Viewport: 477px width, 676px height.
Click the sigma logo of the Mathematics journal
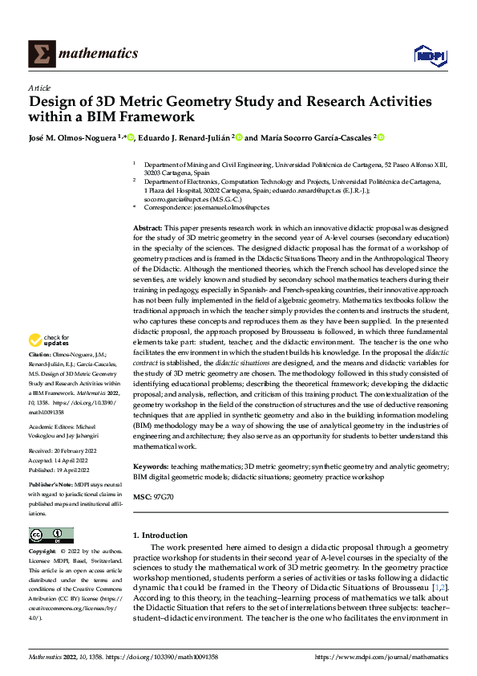click(40, 54)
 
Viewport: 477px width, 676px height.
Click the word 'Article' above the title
click(39, 88)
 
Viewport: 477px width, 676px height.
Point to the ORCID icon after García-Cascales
click(382, 137)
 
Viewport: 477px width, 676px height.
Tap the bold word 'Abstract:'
click(148, 229)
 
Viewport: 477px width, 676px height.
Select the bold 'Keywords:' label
click(150, 466)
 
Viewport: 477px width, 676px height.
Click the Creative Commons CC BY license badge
click(51, 536)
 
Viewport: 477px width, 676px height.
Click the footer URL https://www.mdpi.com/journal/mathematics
click(382, 657)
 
